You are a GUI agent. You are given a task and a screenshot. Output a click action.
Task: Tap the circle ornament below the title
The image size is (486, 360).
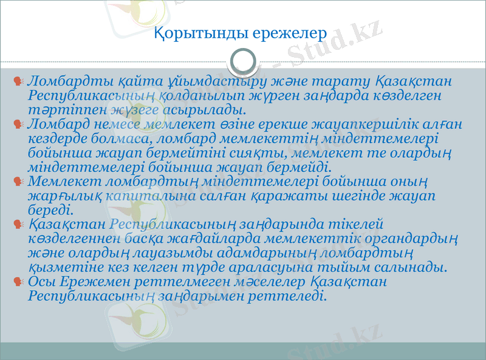pyautogui.click(x=243, y=60)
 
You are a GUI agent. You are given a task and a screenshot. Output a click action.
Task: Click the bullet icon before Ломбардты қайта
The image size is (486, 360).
pyautogui.click(x=20, y=81)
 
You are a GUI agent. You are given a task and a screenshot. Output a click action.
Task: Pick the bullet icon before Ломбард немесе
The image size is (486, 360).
pyautogui.click(x=20, y=124)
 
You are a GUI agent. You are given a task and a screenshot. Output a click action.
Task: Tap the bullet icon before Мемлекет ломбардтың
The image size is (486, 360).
pyautogui.click(x=20, y=182)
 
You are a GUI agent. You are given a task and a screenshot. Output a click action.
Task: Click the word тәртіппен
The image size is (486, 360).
pyautogui.click(x=59, y=110)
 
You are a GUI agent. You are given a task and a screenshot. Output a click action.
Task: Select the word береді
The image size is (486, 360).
pyautogui.click(x=51, y=211)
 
